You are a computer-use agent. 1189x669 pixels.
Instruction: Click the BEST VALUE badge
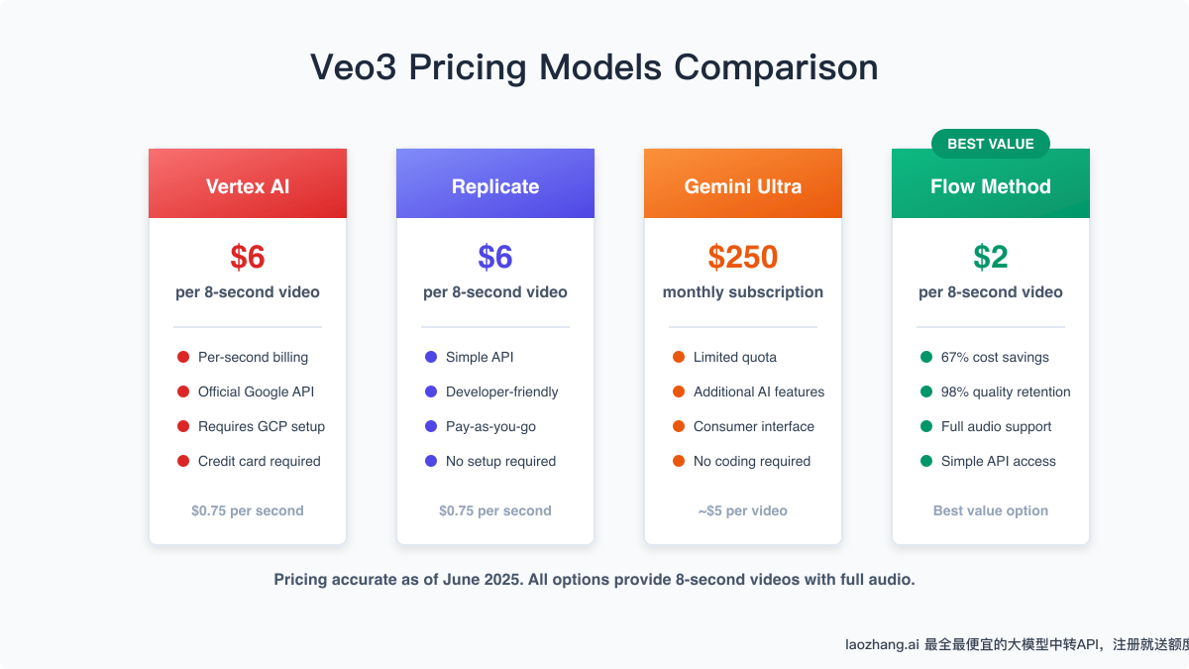click(990, 144)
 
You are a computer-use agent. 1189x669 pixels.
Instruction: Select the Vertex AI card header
click(248, 186)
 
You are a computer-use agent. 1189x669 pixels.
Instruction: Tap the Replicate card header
click(495, 186)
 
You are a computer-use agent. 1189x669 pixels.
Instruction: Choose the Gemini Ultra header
click(743, 186)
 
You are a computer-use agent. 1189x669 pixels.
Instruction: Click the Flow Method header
click(991, 186)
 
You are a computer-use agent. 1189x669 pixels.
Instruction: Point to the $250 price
click(743, 258)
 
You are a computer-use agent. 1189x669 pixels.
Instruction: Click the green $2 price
click(991, 258)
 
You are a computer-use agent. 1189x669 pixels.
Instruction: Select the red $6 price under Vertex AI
click(248, 258)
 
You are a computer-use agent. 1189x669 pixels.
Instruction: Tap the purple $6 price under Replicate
click(495, 258)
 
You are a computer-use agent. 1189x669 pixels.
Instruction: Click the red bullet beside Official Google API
click(182, 391)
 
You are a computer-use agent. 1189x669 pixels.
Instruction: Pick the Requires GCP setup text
click(262, 426)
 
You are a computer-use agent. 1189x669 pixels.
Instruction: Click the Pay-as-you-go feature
click(490, 426)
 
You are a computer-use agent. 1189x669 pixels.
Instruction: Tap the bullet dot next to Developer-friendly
click(430, 391)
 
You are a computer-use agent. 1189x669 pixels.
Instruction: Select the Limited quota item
click(735, 357)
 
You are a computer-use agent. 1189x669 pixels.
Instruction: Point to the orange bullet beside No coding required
click(678, 461)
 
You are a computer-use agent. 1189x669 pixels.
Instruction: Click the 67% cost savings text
click(995, 357)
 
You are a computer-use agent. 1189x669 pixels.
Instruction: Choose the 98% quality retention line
click(1006, 391)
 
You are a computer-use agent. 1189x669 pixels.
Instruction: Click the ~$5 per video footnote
click(743, 511)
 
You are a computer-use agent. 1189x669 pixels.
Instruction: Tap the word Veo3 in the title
click(353, 67)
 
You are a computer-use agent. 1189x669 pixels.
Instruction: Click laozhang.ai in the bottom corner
click(880, 644)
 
